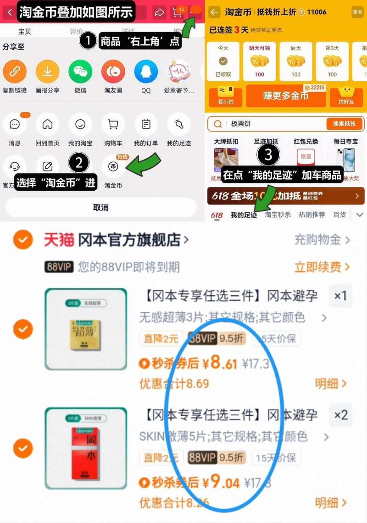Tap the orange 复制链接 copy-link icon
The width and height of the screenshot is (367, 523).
click(15, 72)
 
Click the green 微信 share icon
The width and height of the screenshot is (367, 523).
click(80, 72)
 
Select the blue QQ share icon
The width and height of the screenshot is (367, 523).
click(146, 72)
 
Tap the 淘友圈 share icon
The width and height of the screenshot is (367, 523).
click(113, 72)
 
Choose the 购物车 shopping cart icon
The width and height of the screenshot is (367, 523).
click(113, 124)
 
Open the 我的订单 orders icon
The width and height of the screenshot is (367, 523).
click(146, 124)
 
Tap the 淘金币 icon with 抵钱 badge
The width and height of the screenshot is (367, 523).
click(113, 166)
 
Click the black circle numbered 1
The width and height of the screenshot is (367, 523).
click(88, 42)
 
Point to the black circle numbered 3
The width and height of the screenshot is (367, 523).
click(268, 155)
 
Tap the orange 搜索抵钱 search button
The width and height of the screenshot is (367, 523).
click(344, 124)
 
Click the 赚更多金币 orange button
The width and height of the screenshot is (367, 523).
click(285, 95)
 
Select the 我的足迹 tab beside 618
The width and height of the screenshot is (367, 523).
click(244, 215)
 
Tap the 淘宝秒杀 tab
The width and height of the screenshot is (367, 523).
click(278, 215)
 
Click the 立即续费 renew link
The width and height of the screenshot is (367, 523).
click(322, 267)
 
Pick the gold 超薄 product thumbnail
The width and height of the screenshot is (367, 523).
click(86, 329)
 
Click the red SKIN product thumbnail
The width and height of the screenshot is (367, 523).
click(86, 448)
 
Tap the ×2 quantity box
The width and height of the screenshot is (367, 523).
click(341, 415)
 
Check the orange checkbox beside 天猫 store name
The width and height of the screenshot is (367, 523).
click(22, 240)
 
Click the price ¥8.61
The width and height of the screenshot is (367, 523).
click(219, 363)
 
